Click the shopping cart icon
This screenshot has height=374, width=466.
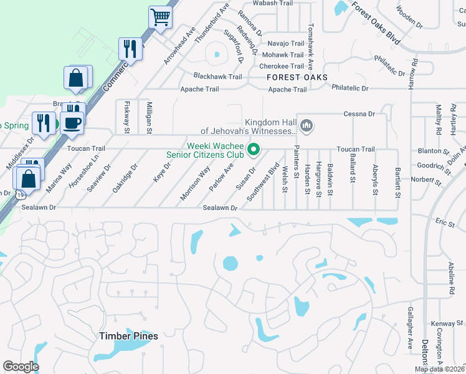pyautogui.click(x=161, y=17)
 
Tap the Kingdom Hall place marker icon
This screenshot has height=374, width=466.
pyautogui.click(x=306, y=127)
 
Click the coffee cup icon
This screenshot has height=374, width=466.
pyautogui.click(x=72, y=119)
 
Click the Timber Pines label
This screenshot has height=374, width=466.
pyautogui.click(x=128, y=336)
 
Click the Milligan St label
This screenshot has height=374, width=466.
pyautogui.click(x=149, y=117)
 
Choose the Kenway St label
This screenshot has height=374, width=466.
pyautogui.click(x=447, y=324)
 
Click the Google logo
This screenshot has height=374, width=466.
pyautogui.click(x=21, y=367)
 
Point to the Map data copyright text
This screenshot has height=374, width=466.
pyautogui.click(x=440, y=369)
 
